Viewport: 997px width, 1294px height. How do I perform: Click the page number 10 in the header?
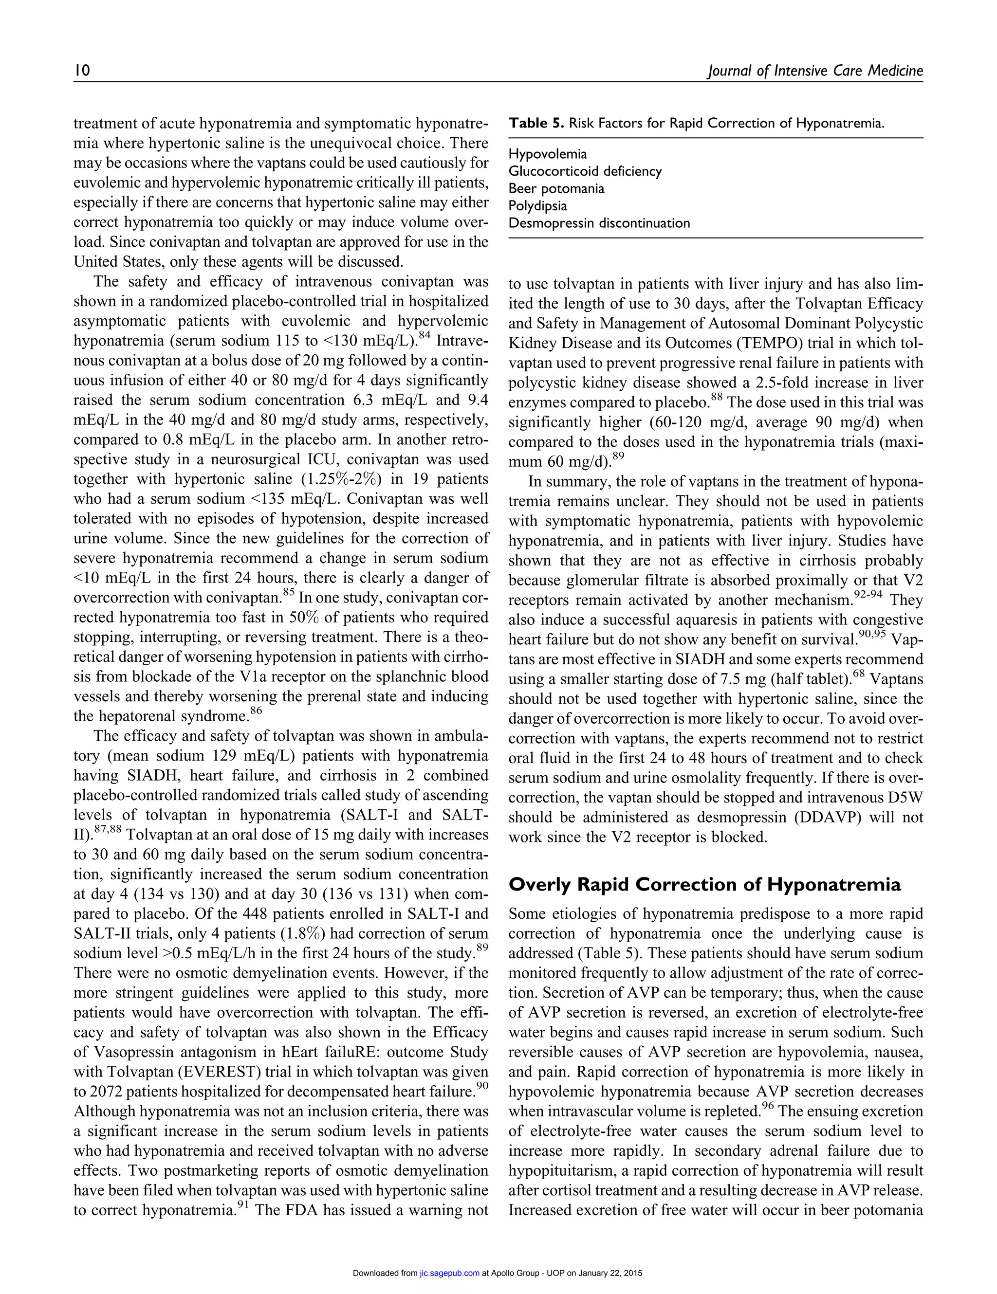coord(82,71)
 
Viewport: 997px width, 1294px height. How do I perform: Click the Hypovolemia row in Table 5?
coord(548,154)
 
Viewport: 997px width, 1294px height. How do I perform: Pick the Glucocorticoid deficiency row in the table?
coord(585,171)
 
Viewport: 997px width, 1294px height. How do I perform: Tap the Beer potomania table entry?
coord(556,188)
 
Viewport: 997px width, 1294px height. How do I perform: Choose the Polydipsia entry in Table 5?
coord(537,205)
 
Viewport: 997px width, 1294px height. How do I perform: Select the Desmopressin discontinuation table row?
coord(599,223)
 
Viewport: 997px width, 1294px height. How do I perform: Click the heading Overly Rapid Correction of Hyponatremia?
coord(705,885)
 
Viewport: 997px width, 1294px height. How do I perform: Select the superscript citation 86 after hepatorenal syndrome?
coord(256,711)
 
